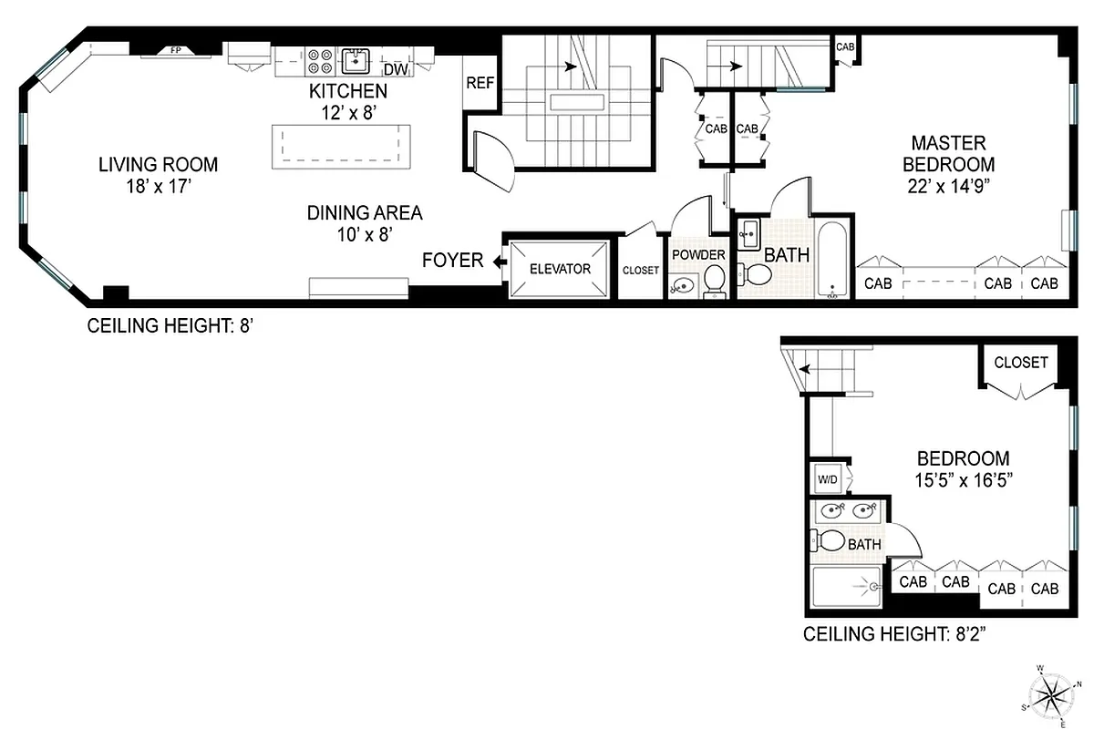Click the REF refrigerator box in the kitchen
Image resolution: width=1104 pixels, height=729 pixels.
coord(480,82)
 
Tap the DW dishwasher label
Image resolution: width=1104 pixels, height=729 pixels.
coord(395,70)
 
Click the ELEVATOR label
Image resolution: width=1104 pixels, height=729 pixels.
coord(560,269)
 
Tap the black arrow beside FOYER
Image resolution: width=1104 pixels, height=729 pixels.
coord(500,262)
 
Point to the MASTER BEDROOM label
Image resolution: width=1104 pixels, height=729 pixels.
coord(948,154)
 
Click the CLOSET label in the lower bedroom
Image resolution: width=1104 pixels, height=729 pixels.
coord(1020,362)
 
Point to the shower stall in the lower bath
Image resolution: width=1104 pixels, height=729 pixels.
coord(845,586)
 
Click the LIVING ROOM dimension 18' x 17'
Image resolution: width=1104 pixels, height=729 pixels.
coord(159,185)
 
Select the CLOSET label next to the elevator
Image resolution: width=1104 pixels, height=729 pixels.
coord(640,271)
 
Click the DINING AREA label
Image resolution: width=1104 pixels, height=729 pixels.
coord(364,213)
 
